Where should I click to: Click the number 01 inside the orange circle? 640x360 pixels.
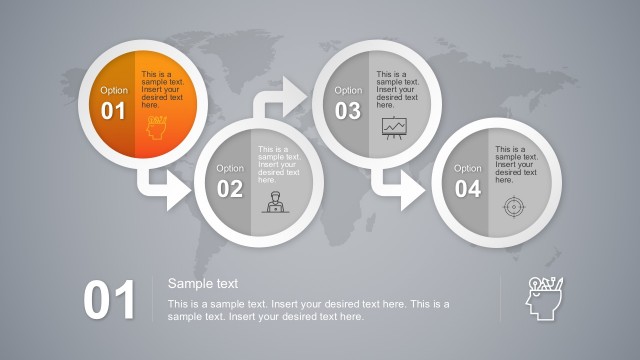pyautogui.click(x=113, y=111)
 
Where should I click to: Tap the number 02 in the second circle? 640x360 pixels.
pyautogui.click(x=230, y=189)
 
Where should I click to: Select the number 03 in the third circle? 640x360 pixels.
pyautogui.click(x=347, y=111)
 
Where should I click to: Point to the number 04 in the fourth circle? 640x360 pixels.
pyautogui.click(x=467, y=189)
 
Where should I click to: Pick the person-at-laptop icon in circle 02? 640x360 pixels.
pyautogui.click(x=273, y=202)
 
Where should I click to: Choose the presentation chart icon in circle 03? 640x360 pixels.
pyautogui.click(x=394, y=128)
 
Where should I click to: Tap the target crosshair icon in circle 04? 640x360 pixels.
pyautogui.click(x=512, y=206)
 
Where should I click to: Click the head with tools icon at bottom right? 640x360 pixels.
pyautogui.click(x=544, y=297)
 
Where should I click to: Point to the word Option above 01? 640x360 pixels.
pyautogui.click(x=114, y=90)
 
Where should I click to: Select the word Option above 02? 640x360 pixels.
pyautogui.click(x=230, y=168)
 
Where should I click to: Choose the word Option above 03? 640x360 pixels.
pyautogui.click(x=348, y=90)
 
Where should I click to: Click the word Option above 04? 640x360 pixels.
pyautogui.click(x=467, y=168)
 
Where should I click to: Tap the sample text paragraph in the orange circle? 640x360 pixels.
pyautogui.click(x=163, y=89)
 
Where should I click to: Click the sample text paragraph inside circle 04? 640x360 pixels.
pyautogui.click(x=515, y=164)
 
